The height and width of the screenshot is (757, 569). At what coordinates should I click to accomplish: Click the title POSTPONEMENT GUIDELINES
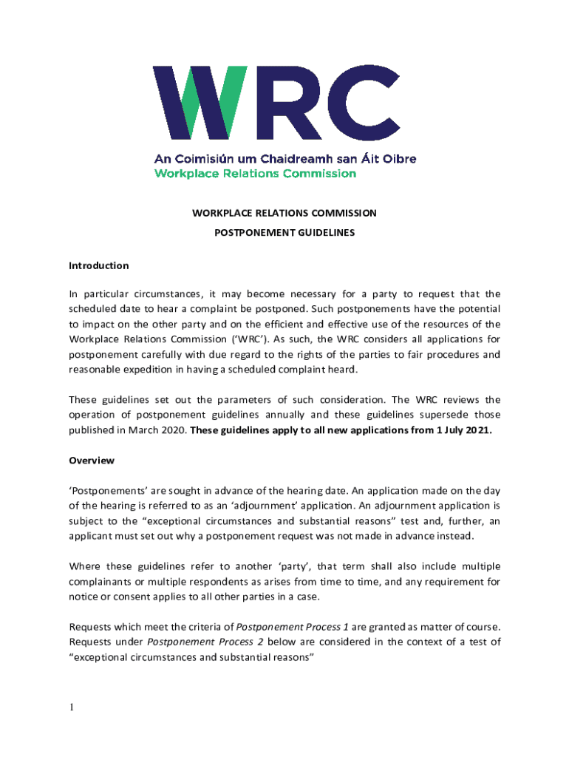pos(284,232)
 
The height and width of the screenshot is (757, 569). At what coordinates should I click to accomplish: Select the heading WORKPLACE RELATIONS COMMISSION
pos(284,213)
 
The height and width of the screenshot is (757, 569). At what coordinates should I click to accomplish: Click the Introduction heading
pos(98,265)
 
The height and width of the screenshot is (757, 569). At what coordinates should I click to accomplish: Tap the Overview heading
pos(92,461)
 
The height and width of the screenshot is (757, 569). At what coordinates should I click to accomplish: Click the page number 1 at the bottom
pos(72,707)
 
